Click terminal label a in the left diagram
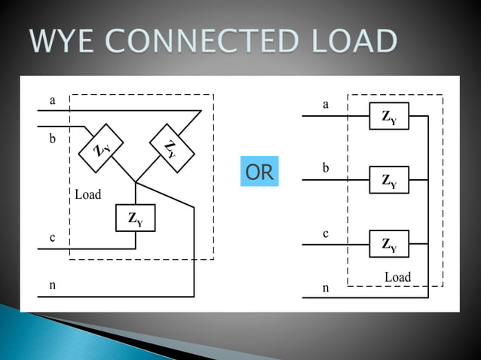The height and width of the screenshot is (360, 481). click(53, 99)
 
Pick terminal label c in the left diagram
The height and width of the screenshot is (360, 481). click(53, 237)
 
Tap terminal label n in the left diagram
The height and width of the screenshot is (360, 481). click(53, 285)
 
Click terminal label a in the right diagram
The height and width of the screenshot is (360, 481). click(326, 105)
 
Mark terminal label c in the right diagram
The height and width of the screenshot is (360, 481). click(326, 233)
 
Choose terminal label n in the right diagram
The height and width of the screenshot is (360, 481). click(326, 288)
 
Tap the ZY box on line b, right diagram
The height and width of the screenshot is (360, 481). click(389, 180)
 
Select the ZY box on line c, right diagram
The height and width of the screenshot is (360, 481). click(389, 244)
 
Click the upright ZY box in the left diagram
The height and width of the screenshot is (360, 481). click(136, 218)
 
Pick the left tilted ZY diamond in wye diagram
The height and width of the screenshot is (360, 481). click(103, 148)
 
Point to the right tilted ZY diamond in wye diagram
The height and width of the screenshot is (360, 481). click(171, 147)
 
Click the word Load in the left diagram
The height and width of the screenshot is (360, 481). click(87, 195)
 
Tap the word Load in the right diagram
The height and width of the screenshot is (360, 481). click(397, 277)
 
